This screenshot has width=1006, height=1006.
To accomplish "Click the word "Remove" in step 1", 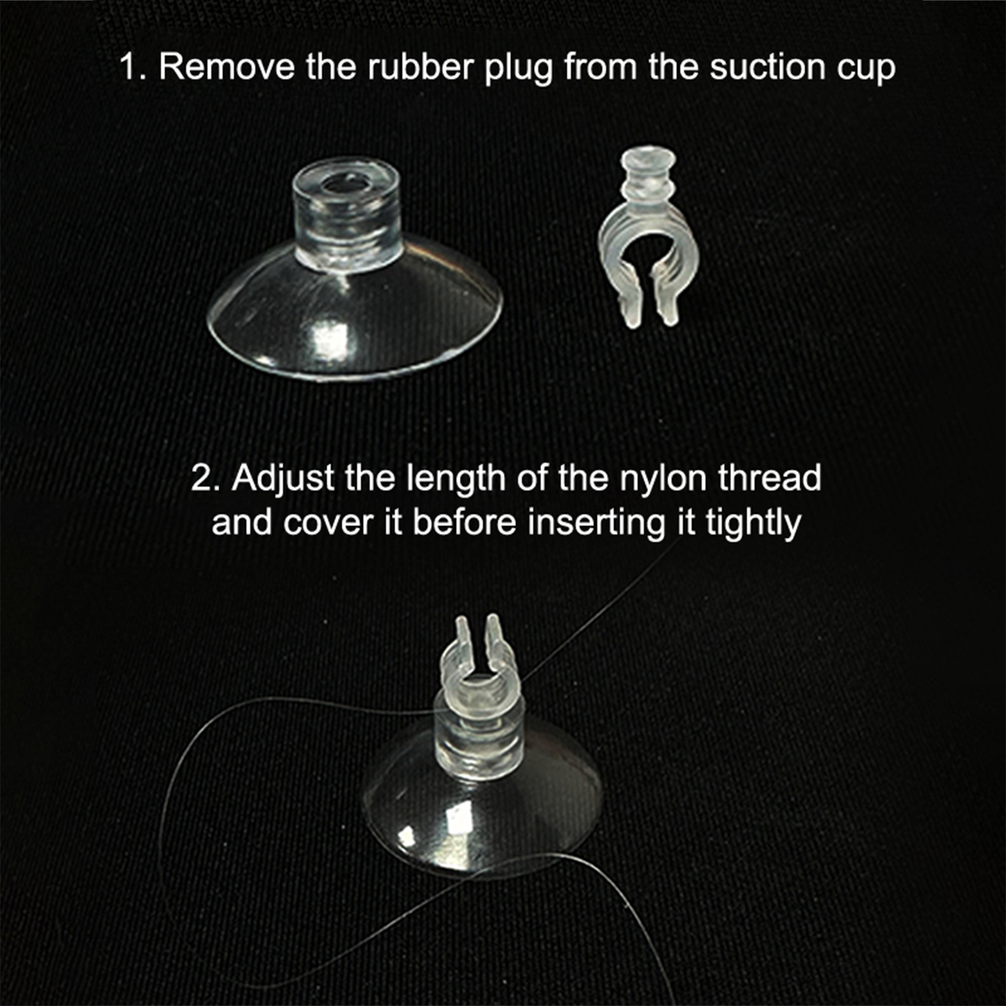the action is [x=226, y=67].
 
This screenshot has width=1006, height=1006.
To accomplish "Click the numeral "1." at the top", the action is [x=133, y=67].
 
